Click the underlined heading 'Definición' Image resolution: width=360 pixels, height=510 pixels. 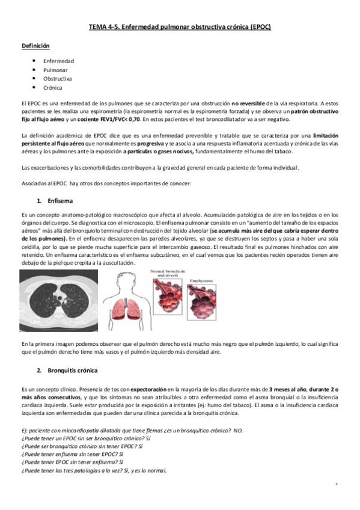(35, 46)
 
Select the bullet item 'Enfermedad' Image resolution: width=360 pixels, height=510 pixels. (58, 61)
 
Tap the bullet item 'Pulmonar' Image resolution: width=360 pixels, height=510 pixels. (55, 70)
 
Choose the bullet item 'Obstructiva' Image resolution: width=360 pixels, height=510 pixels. (58, 79)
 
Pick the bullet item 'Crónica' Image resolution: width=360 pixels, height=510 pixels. (53, 88)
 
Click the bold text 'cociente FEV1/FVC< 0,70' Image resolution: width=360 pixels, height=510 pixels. (109, 120)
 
